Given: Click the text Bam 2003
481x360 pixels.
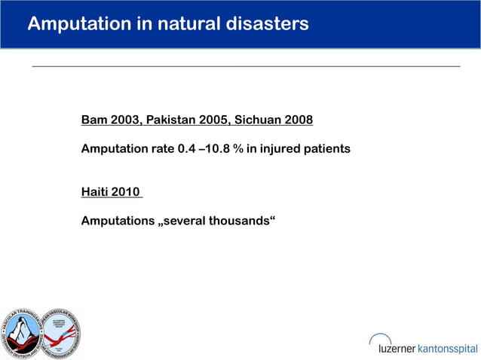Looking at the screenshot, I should pos(110,121).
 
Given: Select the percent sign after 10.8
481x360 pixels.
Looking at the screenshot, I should pos(237,149).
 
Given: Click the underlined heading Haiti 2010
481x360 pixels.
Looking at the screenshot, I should pos(110,192).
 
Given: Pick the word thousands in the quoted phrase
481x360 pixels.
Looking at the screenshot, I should pos(240,221).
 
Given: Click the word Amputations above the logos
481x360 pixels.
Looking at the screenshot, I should pos(116,221).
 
